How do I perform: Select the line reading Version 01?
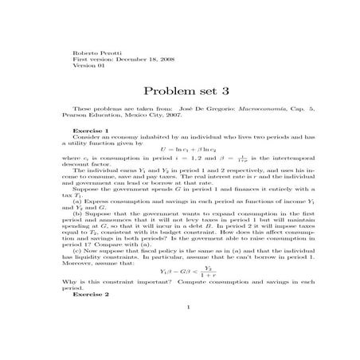click(x=88, y=65)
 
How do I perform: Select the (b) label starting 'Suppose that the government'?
click(x=77, y=213)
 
